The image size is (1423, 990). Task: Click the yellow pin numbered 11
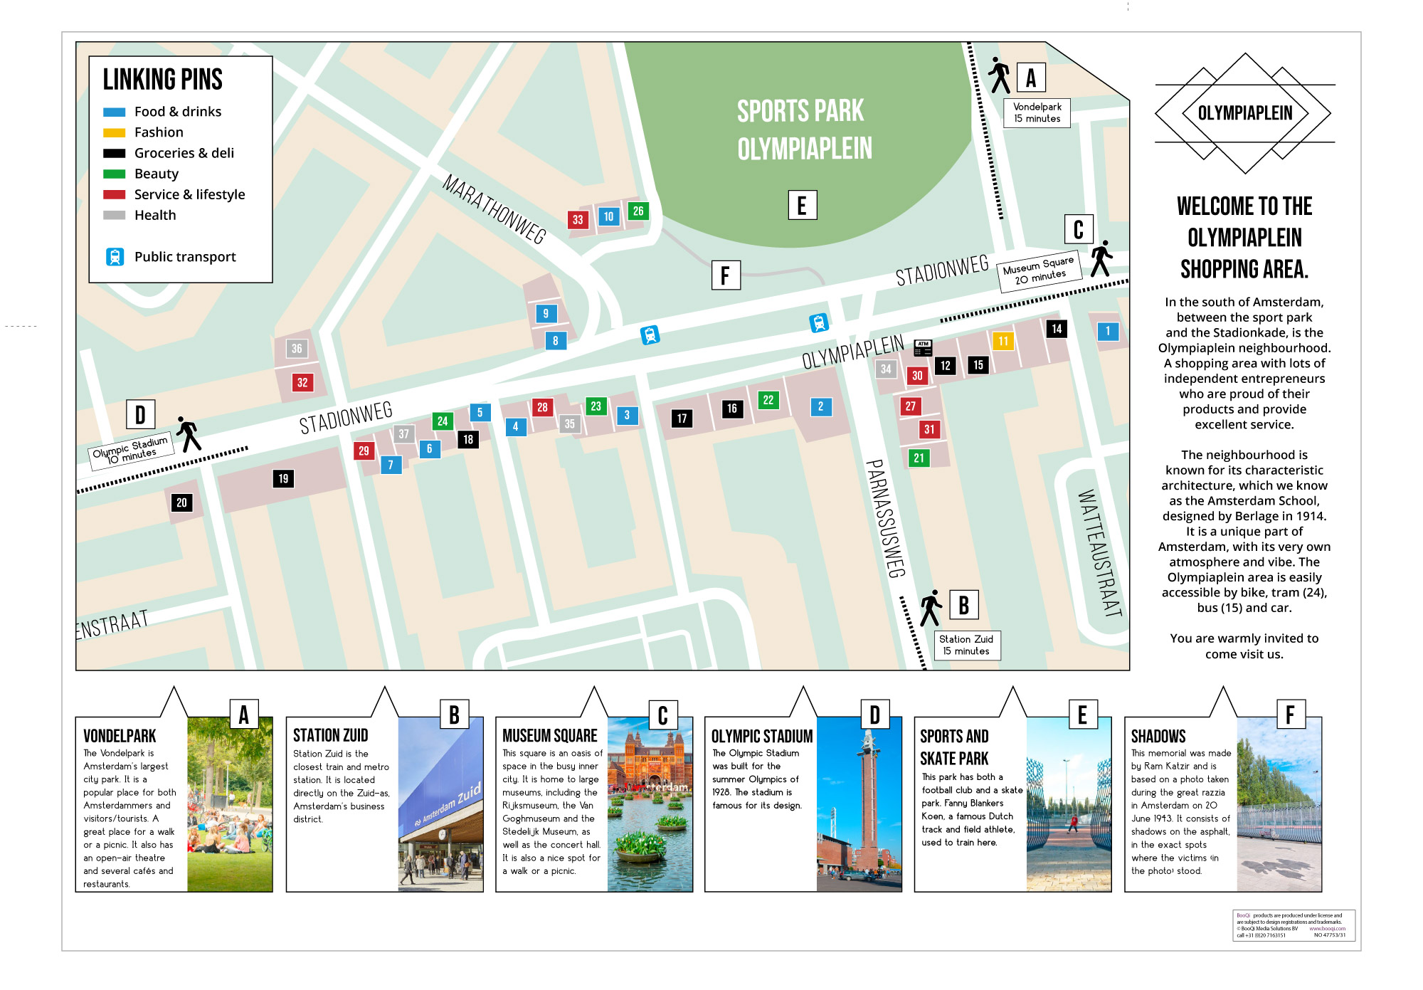1003,341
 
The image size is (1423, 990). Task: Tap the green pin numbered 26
638,211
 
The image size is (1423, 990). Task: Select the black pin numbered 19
283,478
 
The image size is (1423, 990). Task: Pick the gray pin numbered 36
297,349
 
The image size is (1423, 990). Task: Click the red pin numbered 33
578,220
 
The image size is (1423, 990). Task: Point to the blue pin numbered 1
1107,331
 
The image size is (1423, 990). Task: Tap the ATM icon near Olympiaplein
923,348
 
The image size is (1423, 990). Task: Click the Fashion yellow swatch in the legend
114,132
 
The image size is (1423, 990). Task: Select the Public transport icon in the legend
115,257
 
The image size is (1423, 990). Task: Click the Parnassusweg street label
886,518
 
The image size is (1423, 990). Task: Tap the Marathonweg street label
494,209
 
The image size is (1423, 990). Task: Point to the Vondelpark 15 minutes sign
1037,112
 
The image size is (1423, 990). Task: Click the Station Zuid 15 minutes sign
966,645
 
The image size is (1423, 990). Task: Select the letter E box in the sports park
802,205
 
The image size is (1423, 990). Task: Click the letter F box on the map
726,275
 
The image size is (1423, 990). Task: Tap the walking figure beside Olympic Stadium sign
189,434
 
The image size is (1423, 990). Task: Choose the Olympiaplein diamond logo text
1244,113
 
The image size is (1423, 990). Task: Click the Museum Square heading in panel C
549,736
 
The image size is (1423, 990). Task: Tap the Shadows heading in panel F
1158,737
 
